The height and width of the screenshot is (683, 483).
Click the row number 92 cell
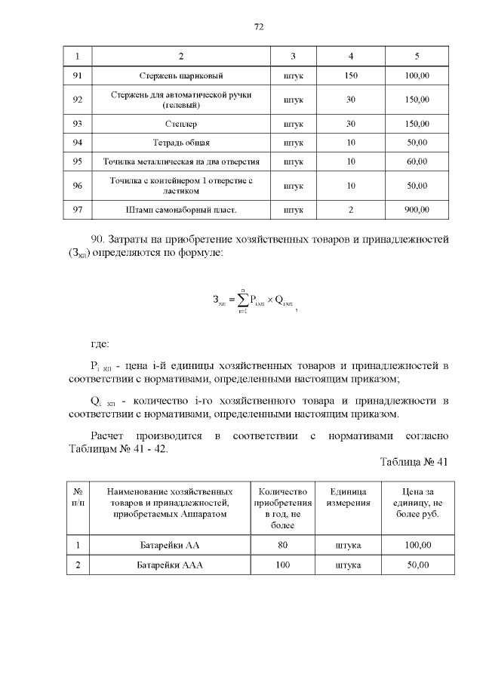pyautogui.click(x=77, y=100)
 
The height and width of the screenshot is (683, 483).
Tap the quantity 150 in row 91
pyautogui.click(x=350, y=76)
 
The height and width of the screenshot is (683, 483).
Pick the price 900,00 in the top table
pyautogui.click(x=417, y=209)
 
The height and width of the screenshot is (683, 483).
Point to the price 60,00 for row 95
pyautogui.click(x=417, y=162)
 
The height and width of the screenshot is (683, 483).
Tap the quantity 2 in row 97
pyautogui.click(x=350, y=209)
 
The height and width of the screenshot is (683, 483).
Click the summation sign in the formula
pyautogui.click(x=243, y=300)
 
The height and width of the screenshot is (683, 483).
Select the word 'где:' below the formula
pyautogui.click(x=100, y=344)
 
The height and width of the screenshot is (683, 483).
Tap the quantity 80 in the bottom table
pyautogui.click(x=282, y=545)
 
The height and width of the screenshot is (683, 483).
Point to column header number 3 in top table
pyautogui.click(x=293, y=57)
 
